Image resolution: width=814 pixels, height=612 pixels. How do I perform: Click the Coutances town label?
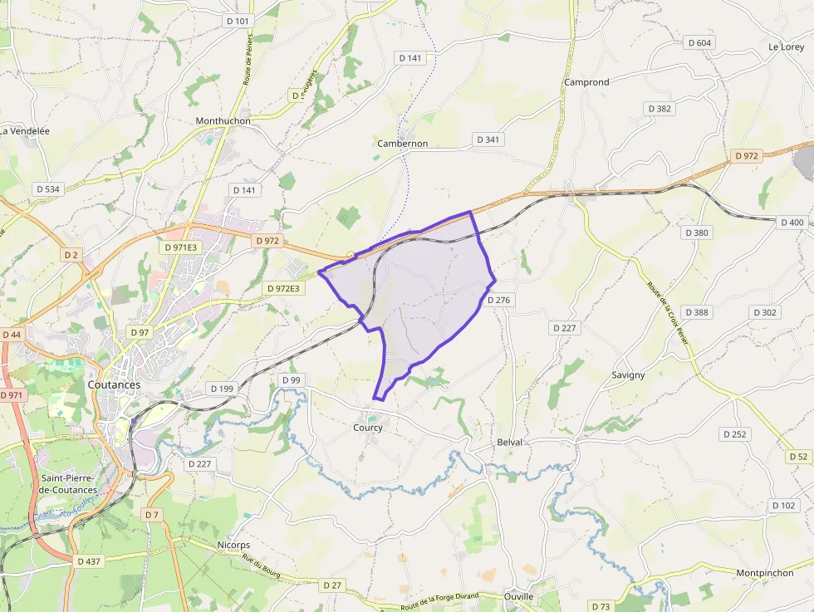114,385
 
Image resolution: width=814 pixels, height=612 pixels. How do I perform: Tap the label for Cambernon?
402,144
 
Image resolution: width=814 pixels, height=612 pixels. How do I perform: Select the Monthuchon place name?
223,120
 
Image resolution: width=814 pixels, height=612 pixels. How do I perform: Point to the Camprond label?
586,82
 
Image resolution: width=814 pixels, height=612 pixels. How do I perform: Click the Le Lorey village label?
786,47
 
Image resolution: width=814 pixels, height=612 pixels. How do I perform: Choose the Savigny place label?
628,375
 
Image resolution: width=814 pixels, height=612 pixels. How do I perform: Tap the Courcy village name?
368,428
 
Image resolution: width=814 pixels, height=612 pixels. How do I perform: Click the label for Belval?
510,443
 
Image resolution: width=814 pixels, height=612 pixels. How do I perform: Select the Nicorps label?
233,545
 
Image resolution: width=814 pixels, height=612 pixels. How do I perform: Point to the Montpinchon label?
764,573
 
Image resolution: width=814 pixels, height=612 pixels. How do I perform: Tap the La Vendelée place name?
25,131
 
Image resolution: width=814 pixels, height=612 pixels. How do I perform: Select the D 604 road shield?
700,42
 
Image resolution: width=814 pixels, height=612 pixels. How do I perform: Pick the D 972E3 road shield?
284,288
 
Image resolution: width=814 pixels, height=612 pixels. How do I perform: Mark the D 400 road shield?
792,223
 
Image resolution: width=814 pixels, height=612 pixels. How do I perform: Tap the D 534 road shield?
48,189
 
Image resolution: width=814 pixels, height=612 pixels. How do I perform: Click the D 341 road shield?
488,140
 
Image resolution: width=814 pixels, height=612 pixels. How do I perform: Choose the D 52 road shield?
798,457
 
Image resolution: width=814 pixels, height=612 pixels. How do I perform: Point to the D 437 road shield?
88,561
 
